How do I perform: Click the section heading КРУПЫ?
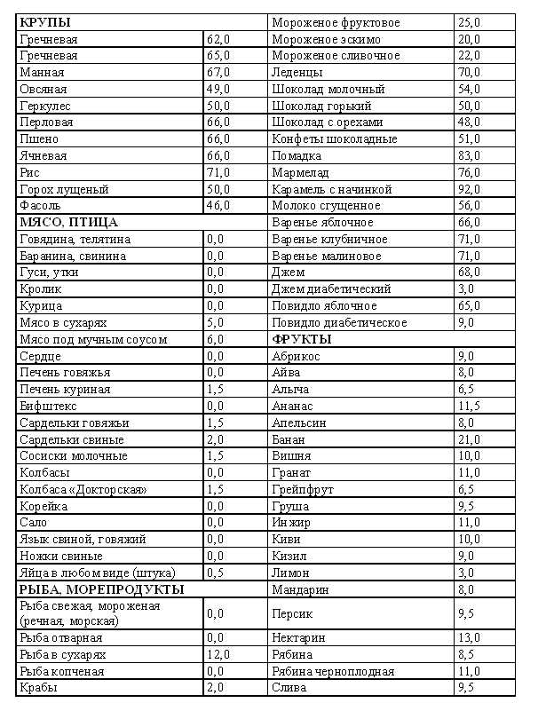coord(45,22)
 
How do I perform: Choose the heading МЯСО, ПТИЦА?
coord(67,223)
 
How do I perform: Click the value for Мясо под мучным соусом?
coord(215,339)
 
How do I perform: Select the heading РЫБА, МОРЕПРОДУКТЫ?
coord(101,589)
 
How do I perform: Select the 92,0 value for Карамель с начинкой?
coord(471,189)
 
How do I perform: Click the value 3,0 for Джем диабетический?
coord(467,289)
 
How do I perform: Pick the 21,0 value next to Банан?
coord(471,439)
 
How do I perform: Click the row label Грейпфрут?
coord(305,489)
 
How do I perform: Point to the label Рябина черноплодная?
coord(333,672)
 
